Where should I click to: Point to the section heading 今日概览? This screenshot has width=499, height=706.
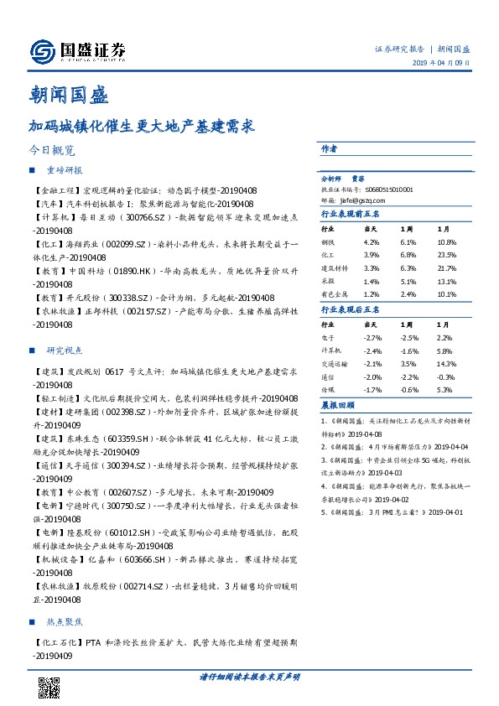[x=51, y=152]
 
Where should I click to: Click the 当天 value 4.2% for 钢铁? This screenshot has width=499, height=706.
[x=372, y=241]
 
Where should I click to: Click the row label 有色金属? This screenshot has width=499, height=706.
[x=335, y=294]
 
